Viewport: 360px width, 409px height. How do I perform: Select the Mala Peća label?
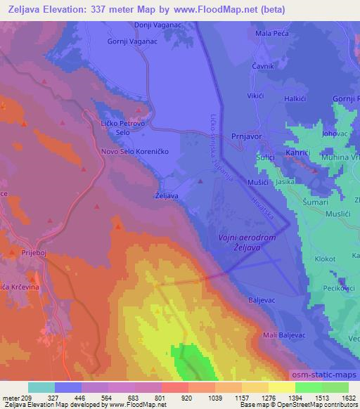(273, 34)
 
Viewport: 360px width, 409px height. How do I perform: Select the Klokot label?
(326, 259)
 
